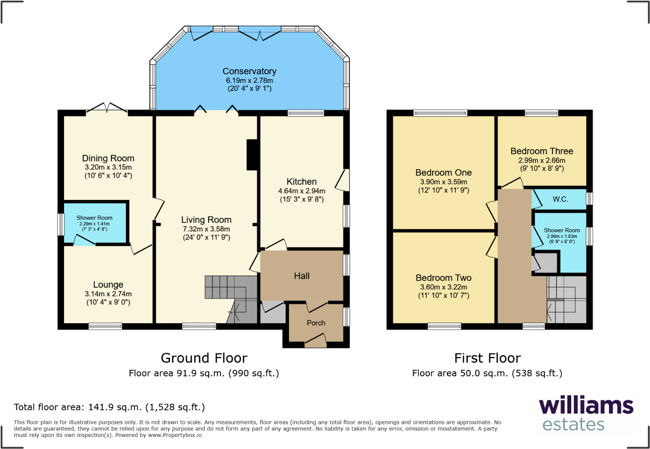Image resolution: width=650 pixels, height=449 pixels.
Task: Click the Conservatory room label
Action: coord(249,71)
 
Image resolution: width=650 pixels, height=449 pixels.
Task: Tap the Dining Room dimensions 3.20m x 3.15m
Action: coord(108,167)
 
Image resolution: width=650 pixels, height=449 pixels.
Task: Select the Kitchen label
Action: coord(302,182)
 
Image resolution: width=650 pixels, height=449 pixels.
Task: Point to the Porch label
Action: coord(316,323)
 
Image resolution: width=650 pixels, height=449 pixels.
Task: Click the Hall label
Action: coord(302,276)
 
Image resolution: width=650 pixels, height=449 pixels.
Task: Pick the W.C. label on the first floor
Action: coord(560,199)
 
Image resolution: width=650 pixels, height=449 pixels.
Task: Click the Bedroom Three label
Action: coord(542,151)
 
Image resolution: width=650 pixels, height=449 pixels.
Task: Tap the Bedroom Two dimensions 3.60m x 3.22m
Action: coord(444,287)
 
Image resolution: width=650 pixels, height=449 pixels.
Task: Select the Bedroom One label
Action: coord(444,173)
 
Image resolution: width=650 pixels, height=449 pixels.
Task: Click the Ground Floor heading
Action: coord(204,358)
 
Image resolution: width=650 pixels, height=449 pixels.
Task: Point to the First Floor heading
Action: coord(487,358)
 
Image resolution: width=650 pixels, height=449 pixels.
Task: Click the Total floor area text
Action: coord(109,407)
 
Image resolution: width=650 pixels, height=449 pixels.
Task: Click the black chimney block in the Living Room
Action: coord(252,155)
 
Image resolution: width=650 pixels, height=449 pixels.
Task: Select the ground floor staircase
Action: coord(231,299)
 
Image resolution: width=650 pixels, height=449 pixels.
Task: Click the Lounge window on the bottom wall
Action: coord(105,327)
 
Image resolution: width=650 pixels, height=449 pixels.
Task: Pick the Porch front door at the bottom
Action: coord(315,340)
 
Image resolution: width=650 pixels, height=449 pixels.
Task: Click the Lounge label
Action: coord(108,285)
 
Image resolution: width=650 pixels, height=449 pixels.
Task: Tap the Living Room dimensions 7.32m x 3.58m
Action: coord(206,229)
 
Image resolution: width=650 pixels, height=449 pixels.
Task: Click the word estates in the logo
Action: coord(573,424)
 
